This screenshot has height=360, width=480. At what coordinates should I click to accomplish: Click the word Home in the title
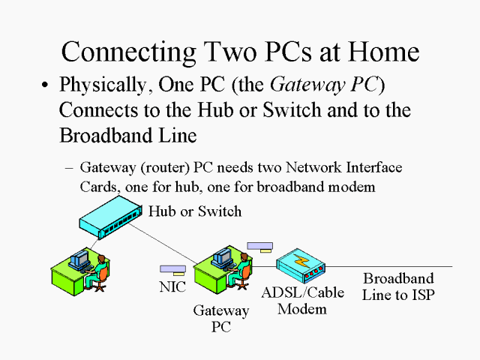pyautogui.click(x=378, y=51)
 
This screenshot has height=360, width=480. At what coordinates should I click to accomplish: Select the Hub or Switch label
pyautogui.click(x=195, y=211)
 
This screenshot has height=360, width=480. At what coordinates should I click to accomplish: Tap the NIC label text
pyautogui.click(x=172, y=287)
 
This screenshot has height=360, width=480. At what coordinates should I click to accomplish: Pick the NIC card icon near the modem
pyautogui.click(x=260, y=246)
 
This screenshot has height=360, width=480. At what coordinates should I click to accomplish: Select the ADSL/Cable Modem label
pyautogui.click(x=302, y=301)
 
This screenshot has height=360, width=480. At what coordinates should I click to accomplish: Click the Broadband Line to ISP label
pyautogui.click(x=398, y=286)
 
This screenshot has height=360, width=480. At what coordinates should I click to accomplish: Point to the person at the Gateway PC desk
pyautogui.click(x=243, y=269)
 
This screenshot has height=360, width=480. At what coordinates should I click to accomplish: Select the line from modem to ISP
pyautogui.click(x=390, y=266)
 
